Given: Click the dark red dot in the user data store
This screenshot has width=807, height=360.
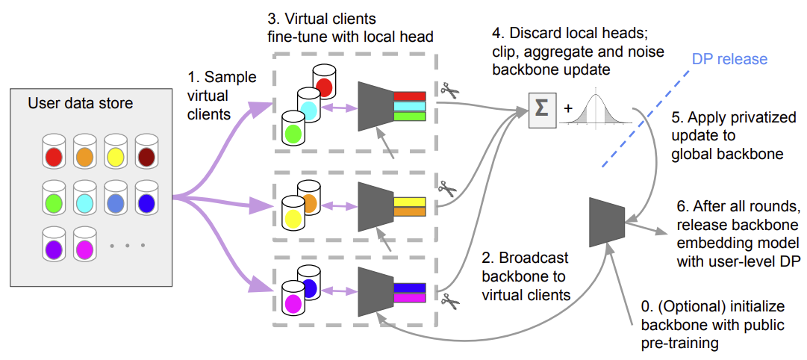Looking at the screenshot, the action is point(146,157).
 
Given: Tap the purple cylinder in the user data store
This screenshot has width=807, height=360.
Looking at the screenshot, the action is point(54,244).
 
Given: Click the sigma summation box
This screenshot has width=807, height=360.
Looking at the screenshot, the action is point(542,108).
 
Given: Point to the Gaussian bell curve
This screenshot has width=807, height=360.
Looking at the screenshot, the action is point(596,109).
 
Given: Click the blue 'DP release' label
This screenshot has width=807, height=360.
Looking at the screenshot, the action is point(729,59).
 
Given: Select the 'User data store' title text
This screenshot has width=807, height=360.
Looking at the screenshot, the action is point(81,103).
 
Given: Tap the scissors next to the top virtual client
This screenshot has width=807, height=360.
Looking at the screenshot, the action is point(449,92).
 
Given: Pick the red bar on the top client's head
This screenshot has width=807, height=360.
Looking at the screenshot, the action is point(410,96).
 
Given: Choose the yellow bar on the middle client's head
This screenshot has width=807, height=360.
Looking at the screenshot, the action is point(410,202).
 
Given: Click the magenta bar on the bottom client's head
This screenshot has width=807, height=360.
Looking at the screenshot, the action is point(410,298).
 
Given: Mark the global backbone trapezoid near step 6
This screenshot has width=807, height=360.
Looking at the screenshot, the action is point(607,222).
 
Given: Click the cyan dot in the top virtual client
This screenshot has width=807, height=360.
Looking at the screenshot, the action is point(309,111).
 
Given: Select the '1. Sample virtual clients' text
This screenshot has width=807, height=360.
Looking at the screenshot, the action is point(222,96).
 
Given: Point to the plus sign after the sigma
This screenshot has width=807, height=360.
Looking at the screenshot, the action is point(567,109).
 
